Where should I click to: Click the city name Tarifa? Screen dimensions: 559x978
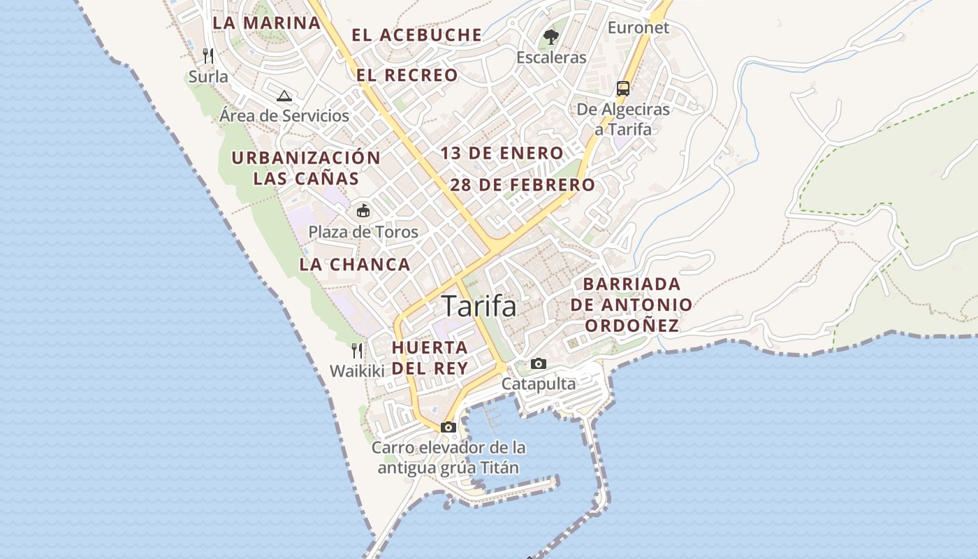tap(479, 307)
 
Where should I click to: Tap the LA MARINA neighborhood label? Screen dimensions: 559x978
tap(266, 23)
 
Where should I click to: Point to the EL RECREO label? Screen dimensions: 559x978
tap(407, 75)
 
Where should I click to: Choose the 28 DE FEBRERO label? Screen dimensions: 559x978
tap(523, 185)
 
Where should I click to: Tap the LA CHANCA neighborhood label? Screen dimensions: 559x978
tap(355, 265)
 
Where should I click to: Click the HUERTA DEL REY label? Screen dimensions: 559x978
tap(430, 357)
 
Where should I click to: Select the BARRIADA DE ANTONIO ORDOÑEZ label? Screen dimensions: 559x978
tap(632, 305)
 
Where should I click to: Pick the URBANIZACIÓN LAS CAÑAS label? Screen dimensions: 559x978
tap(306, 168)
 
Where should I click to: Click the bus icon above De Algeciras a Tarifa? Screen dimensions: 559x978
tap(623, 89)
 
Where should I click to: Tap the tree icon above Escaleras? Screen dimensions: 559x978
tap(551, 37)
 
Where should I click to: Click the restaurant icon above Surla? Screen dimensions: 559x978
tap(208, 55)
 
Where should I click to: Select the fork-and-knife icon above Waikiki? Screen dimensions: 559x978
tap(357, 350)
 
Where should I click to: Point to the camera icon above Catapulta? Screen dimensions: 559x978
tap(539, 363)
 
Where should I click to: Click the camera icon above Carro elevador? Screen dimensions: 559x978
tap(448, 427)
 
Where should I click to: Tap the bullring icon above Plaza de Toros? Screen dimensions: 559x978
tap(363, 210)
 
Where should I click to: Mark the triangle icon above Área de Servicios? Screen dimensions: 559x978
tap(284, 96)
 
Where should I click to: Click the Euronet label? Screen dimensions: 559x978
tap(638, 28)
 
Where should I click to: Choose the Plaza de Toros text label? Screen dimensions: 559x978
tap(363, 232)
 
